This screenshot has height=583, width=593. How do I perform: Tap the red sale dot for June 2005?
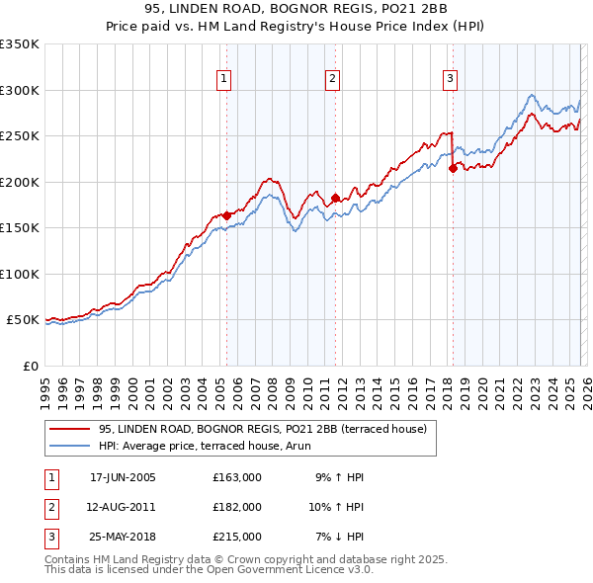click(x=226, y=215)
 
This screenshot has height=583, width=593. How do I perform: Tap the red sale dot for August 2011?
click(x=335, y=198)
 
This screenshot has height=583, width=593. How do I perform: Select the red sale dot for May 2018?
click(x=453, y=168)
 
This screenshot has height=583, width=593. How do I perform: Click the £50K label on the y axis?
click(x=23, y=320)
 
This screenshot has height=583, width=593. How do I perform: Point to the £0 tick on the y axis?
click(x=30, y=366)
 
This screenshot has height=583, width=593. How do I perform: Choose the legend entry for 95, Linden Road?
click(x=262, y=429)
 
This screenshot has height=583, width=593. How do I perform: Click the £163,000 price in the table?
click(x=236, y=478)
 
